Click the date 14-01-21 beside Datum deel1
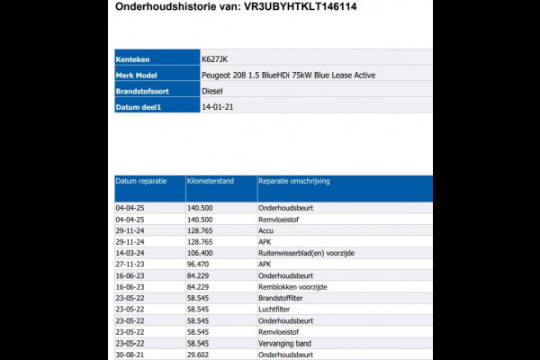(x=220, y=107)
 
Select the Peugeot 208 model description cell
(x=289, y=75)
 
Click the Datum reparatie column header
(x=141, y=181)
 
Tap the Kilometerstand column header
(x=211, y=181)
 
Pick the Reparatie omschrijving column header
(x=294, y=181)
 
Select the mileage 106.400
(x=200, y=253)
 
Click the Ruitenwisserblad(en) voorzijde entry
(x=305, y=253)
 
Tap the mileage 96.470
(x=198, y=265)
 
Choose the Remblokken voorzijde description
(x=292, y=287)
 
